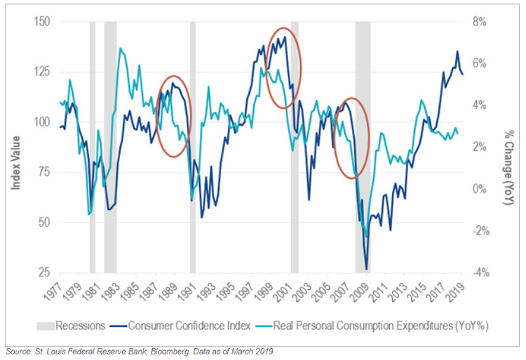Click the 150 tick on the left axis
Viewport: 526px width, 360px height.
(x=43, y=22)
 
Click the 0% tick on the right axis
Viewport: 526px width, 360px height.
(x=478, y=189)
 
